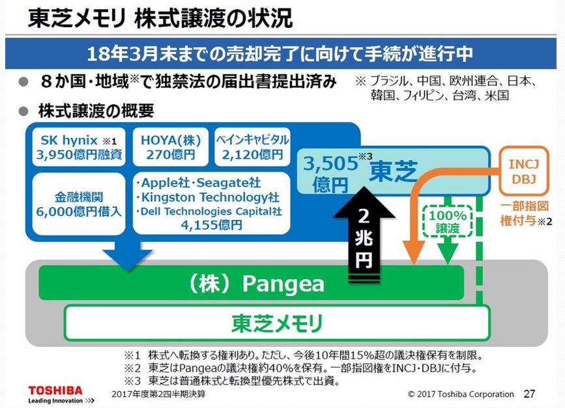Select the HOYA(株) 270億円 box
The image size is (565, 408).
pos(171,147)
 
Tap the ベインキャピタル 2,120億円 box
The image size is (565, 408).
pos(252,147)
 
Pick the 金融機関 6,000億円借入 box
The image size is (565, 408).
pos(79,204)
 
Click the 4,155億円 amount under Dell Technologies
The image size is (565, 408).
pos(212,225)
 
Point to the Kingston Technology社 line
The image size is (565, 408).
pos(208,197)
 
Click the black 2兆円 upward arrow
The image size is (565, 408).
pos(364,234)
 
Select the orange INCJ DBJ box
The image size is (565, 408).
pos(523,171)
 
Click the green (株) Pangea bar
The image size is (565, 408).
pos(251,283)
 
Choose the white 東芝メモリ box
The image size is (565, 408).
pos(277,323)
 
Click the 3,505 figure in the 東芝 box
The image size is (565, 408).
pos(330,163)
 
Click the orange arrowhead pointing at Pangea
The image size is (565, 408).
pos(414,252)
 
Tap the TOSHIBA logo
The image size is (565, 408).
pos(55,390)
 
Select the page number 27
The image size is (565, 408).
pos(529,394)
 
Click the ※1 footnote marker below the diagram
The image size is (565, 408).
pos(132,355)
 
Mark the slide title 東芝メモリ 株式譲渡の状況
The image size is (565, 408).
pos(160,18)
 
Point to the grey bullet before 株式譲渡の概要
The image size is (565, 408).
pos(23,111)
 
